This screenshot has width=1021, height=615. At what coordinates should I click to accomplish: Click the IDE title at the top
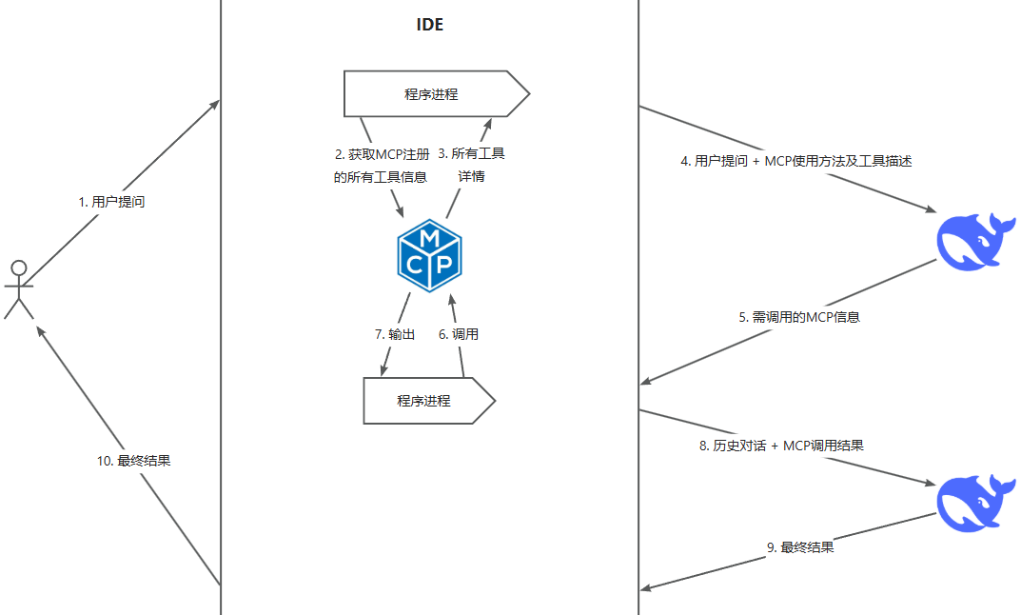pyautogui.click(x=430, y=26)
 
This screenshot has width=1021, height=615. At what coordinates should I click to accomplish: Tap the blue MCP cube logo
pyautogui.click(x=429, y=255)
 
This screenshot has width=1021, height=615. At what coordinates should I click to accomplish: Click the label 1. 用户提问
pyautogui.click(x=111, y=202)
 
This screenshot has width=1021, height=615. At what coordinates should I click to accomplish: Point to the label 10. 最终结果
pyautogui.click(x=133, y=460)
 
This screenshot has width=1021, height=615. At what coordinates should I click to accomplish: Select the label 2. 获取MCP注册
pyautogui.click(x=382, y=152)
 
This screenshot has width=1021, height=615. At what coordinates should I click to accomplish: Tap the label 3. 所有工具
pyautogui.click(x=471, y=152)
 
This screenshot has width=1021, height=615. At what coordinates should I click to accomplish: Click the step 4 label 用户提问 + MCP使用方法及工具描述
pyautogui.click(x=796, y=161)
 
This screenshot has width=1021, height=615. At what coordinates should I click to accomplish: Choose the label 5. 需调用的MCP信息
pyautogui.click(x=799, y=317)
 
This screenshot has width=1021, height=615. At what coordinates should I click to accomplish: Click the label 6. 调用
pyautogui.click(x=458, y=334)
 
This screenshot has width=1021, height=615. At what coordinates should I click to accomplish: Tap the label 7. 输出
pyautogui.click(x=395, y=334)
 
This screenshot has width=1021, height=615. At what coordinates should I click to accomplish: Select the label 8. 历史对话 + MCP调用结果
pyautogui.click(x=781, y=446)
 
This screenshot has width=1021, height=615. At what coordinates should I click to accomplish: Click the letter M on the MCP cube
pyautogui.click(x=429, y=236)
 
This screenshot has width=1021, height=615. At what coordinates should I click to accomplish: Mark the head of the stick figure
pyautogui.click(x=16, y=266)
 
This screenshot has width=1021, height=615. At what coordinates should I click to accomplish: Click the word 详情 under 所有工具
pyautogui.click(x=472, y=176)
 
